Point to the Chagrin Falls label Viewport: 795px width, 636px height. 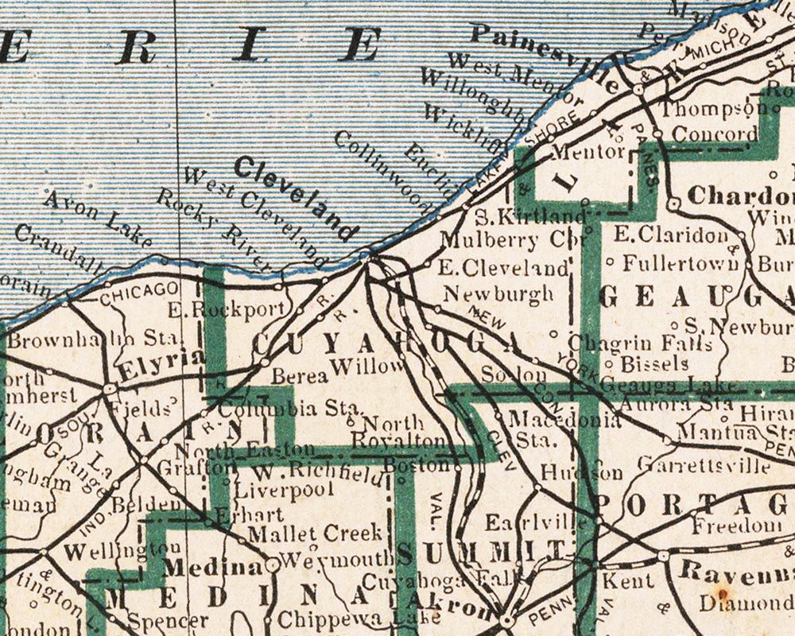pyautogui.click(x=633, y=344)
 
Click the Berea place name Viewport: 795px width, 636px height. pyautogui.click(x=300, y=375)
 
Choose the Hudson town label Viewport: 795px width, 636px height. pyautogui.click(x=581, y=471)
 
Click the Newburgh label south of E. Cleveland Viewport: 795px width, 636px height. pyautogui.click(x=498, y=293)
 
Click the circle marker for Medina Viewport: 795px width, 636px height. pyautogui.click(x=273, y=564)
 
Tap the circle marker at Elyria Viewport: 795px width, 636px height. pyautogui.click(x=110, y=389)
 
